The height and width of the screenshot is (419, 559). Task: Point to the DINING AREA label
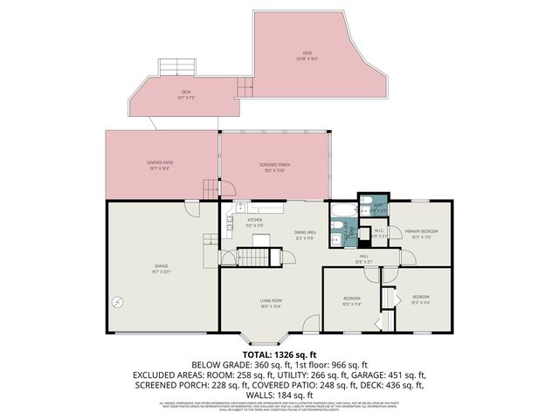tap(304, 232)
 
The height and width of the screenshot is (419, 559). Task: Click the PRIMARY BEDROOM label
tap(421, 231)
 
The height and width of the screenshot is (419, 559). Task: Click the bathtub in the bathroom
tap(341, 209)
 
